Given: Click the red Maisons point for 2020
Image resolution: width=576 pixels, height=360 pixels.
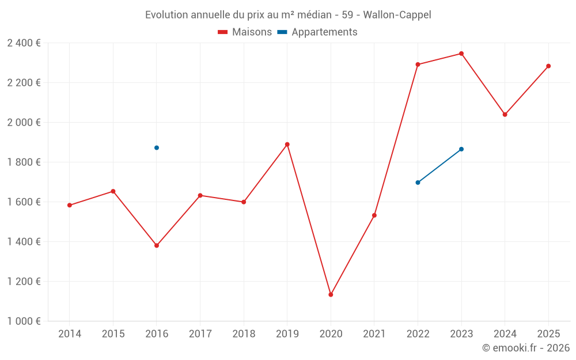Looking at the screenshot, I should pyautogui.click(x=331, y=294).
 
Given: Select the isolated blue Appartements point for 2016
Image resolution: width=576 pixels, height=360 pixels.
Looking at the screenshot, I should pyautogui.click(x=157, y=147).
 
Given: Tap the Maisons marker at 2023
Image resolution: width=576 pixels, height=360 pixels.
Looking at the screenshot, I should pyautogui.click(x=461, y=54).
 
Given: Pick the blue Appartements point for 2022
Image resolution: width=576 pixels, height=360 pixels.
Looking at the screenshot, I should pyautogui.click(x=418, y=183).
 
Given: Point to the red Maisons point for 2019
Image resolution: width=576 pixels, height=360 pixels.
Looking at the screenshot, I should pyautogui.click(x=287, y=145).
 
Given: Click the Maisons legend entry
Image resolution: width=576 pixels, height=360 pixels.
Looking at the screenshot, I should pyautogui.click(x=245, y=32).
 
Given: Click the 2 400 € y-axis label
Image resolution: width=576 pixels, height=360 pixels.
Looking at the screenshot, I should pyautogui.click(x=24, y=43).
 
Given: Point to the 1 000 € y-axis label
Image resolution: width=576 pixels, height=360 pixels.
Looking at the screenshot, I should pyautogui.click(x=24, y=321).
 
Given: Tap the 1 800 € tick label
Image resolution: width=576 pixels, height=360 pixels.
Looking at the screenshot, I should pyautogui.click(x=24, y=162).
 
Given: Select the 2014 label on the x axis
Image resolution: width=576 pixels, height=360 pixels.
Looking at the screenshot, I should pyautogui.click(x=70, y=334).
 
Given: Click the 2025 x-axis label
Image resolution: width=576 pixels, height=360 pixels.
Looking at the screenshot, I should pyautogui.click(x=548, y=334).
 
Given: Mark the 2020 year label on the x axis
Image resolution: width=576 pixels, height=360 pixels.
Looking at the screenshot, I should pyautogui.click(x=331, y=334).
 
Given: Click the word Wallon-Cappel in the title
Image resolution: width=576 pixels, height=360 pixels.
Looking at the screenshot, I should pyautogui.click(x=397, y=14).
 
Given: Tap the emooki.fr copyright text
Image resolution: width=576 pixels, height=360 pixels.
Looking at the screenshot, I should pyautogui.click(x=525, y=348).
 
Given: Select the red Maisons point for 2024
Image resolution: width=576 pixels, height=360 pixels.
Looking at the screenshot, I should pyautogui.click(x=505, y=114).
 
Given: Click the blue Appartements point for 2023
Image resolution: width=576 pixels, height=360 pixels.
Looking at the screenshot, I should pyautogui.click(x=461, y=149).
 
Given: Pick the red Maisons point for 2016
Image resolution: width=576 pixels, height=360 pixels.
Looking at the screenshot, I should pyautogui.click(x=157, y=245).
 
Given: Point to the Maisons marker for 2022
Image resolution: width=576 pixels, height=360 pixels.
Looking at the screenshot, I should pyautogui.click(x=418, y=65).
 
